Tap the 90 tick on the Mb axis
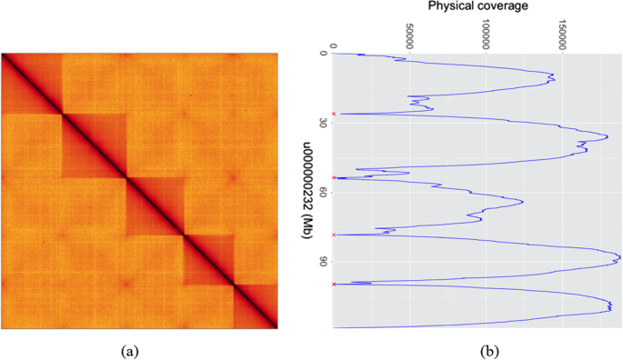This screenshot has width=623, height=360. pyautogui.click(x=323, y=262)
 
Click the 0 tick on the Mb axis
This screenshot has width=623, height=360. pyautogui.click(x=323, y=54)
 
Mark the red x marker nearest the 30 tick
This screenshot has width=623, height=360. pyautogui.click(x=334, y=114)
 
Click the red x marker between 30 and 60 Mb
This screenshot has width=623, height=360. pyautogui.click(x=334, y=177)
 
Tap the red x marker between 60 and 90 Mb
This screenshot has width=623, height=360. pyautogui.click(x=334, y=235)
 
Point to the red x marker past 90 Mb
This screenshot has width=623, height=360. pyautogui.click(x=334, y=284)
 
